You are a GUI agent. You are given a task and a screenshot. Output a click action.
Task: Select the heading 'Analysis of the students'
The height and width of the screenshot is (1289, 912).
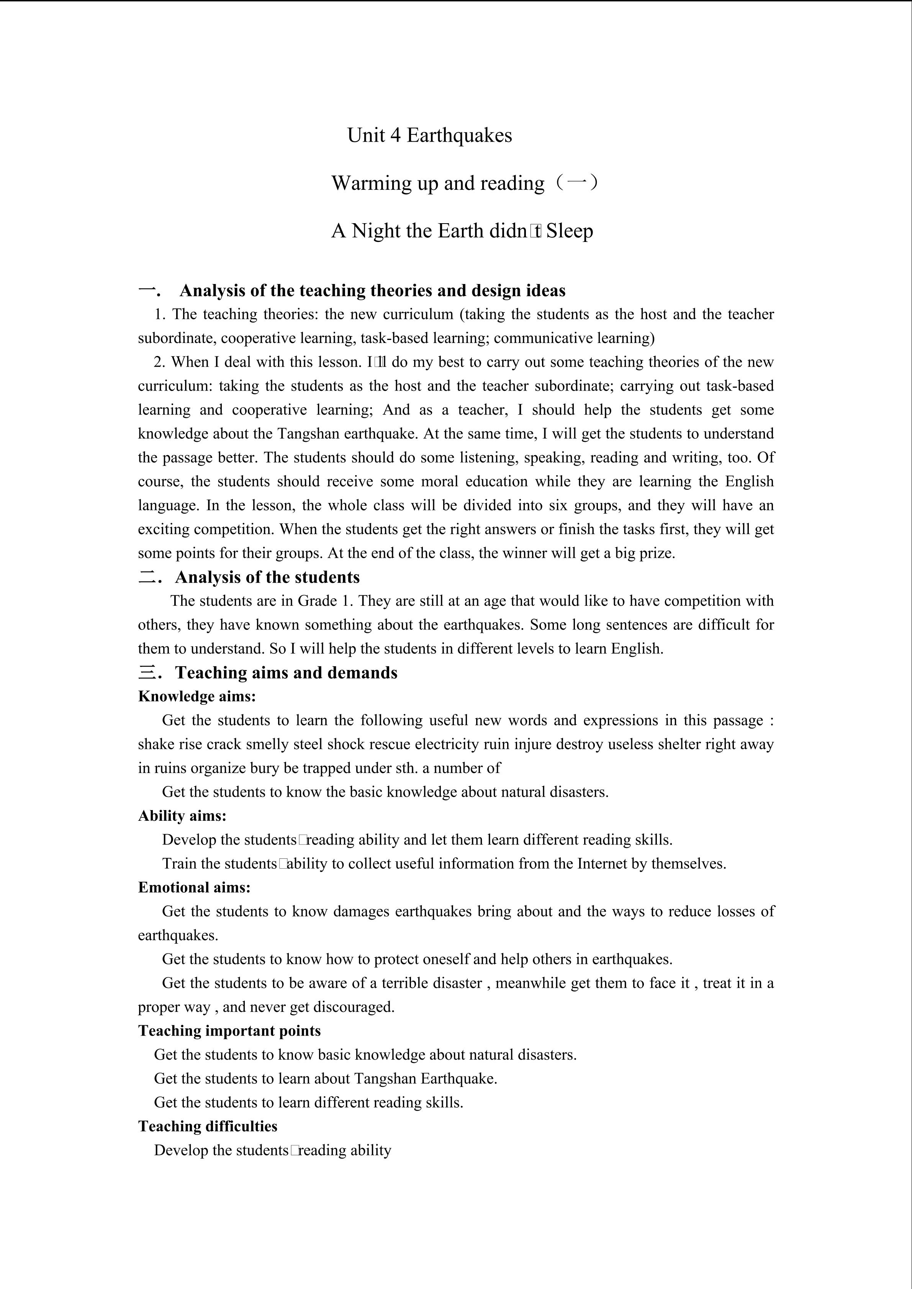click(267, 577)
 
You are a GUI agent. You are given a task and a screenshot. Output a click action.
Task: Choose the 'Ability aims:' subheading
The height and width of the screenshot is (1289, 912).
click(182, 816)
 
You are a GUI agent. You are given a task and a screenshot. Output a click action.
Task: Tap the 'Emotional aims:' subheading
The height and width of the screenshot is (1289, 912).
click(194, 887)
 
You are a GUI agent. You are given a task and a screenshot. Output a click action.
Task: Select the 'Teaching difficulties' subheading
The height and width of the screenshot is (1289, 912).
click(208, 1126)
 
